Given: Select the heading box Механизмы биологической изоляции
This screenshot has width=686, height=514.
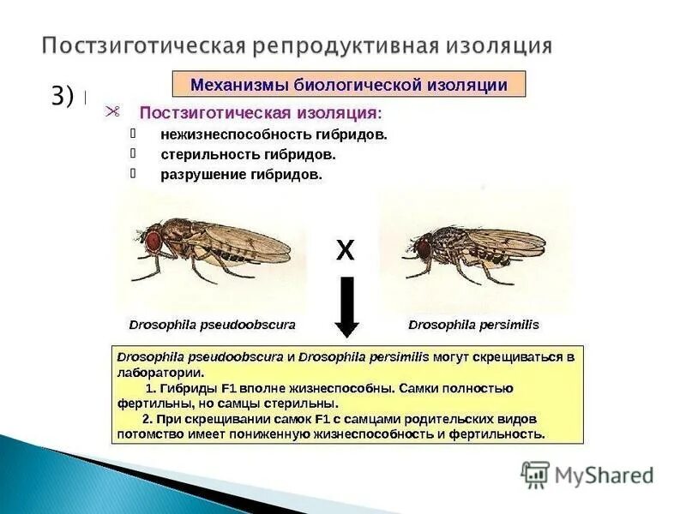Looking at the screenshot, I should pos(348,85).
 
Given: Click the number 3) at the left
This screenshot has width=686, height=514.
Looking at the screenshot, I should pos(62,97).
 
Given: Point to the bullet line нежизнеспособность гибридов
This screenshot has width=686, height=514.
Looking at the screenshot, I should pos(274,134).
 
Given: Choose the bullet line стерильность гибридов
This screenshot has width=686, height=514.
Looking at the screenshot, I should pos(248,155).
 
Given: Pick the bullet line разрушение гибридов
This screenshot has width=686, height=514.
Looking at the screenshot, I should pos(241,175).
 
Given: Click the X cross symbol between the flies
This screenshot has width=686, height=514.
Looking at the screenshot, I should pos(345,250).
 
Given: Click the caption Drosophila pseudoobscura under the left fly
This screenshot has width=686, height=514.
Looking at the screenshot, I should pos(212,326).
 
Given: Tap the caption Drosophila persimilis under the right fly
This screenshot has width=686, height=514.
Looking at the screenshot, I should pos(473,326).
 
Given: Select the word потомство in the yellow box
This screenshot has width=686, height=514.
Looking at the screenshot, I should pos(146,433).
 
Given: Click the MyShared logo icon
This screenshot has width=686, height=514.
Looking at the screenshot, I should pos(536,474).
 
